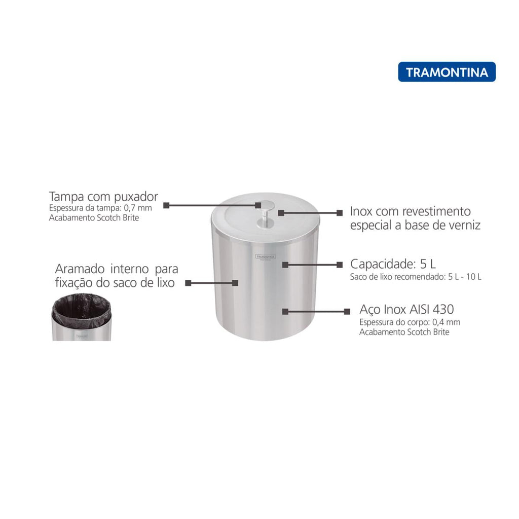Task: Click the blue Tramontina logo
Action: tap(447, 72)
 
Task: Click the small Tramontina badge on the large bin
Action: tap(266, 257)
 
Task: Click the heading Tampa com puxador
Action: tap(103, 197)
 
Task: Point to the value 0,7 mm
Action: tap(138, 208)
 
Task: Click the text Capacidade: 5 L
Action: tap(393, 264)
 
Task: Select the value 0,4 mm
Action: tap(446, 322)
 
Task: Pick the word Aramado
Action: tap(80, 269)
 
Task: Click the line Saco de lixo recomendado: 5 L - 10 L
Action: tap(416, 277)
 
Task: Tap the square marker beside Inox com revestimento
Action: tap(339, 213)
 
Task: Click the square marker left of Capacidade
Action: tap(339, 265)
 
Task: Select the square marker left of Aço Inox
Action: tap(347, 312)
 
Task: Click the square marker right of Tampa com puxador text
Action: tap(166, 205)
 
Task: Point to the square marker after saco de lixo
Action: tap(188, 283)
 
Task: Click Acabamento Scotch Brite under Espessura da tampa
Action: tap(94, 218)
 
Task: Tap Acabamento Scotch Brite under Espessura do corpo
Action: tap(404, 332)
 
